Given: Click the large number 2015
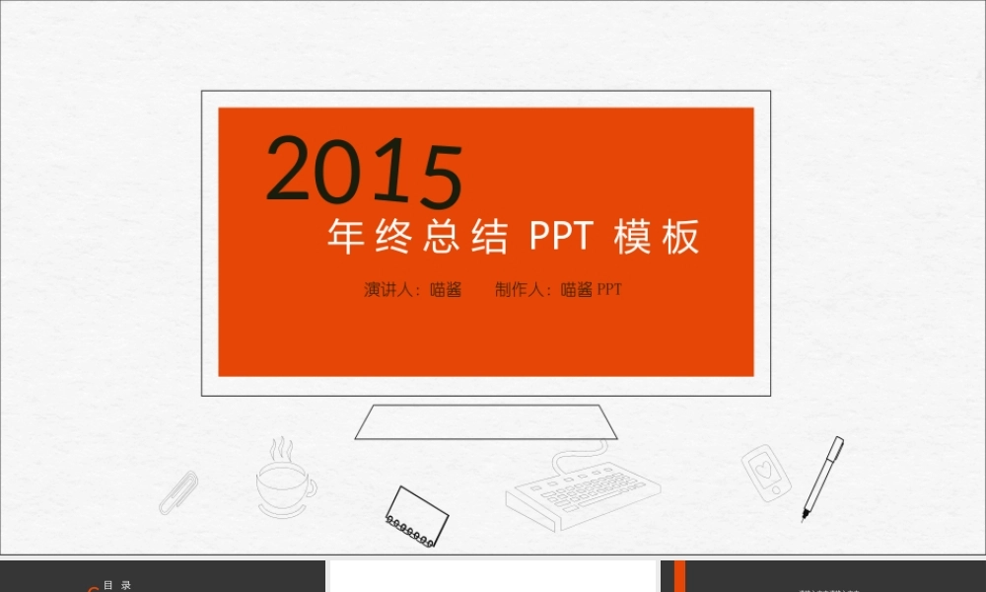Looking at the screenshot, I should pos(364,172).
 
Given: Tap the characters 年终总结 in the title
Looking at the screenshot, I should pos(417,238).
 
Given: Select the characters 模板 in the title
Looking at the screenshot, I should pos(656,238).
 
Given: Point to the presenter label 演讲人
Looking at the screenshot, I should pos(387,290).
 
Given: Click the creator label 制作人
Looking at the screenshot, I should pos(520,290).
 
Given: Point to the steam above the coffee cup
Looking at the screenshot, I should pos(282,450).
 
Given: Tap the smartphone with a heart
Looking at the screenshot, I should pos(766,470).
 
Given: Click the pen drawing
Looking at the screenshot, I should pos(821,478).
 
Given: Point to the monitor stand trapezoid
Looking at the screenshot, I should pos(486,422).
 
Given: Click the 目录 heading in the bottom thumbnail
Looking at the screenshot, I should pos(117,585).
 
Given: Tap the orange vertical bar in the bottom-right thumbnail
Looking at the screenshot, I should pos(679,577).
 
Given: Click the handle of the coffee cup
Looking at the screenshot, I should pos(311,486).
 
